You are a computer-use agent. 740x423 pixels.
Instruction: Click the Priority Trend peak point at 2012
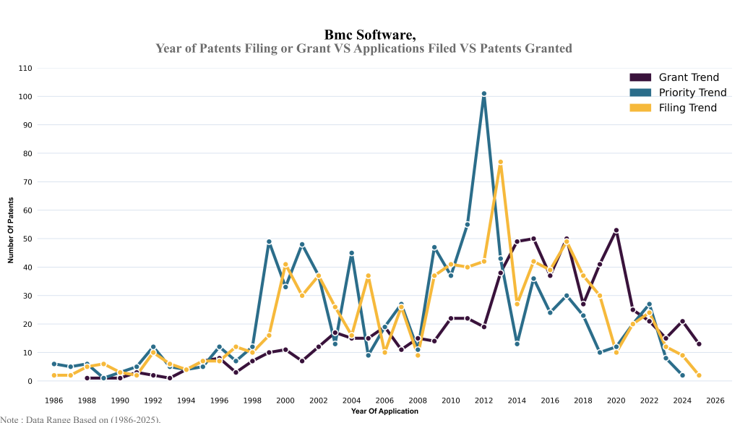(x=484, y=93)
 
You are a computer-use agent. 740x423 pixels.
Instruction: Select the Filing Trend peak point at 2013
(x=500, y=162)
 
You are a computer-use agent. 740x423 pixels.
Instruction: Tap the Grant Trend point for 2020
(x=616, y=230)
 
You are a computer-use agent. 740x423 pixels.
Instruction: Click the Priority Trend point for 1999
(x=269, y=242)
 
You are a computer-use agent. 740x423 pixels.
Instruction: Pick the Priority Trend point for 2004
(x=351, y=253)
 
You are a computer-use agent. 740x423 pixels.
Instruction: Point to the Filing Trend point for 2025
(x=699, y=375)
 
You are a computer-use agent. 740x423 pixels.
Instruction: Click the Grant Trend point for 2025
(x=699, y=344)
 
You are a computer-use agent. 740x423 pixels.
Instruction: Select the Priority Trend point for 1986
(x=54, y=364)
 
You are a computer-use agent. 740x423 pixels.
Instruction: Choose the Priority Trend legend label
(x=692, y=93)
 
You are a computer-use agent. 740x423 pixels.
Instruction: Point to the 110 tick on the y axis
(x=25, y=68)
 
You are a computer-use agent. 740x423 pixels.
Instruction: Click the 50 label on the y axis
(x=27, y=239)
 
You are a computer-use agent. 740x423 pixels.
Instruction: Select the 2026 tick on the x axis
(x=715, y=400)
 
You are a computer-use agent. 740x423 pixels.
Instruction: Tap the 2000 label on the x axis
(x=285, y=400)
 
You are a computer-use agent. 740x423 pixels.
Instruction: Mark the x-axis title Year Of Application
(x=384, y=411)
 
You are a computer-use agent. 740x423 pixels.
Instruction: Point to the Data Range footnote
(x=80, y=419)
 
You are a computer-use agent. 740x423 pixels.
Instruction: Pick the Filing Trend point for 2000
(x=285, y=265)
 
